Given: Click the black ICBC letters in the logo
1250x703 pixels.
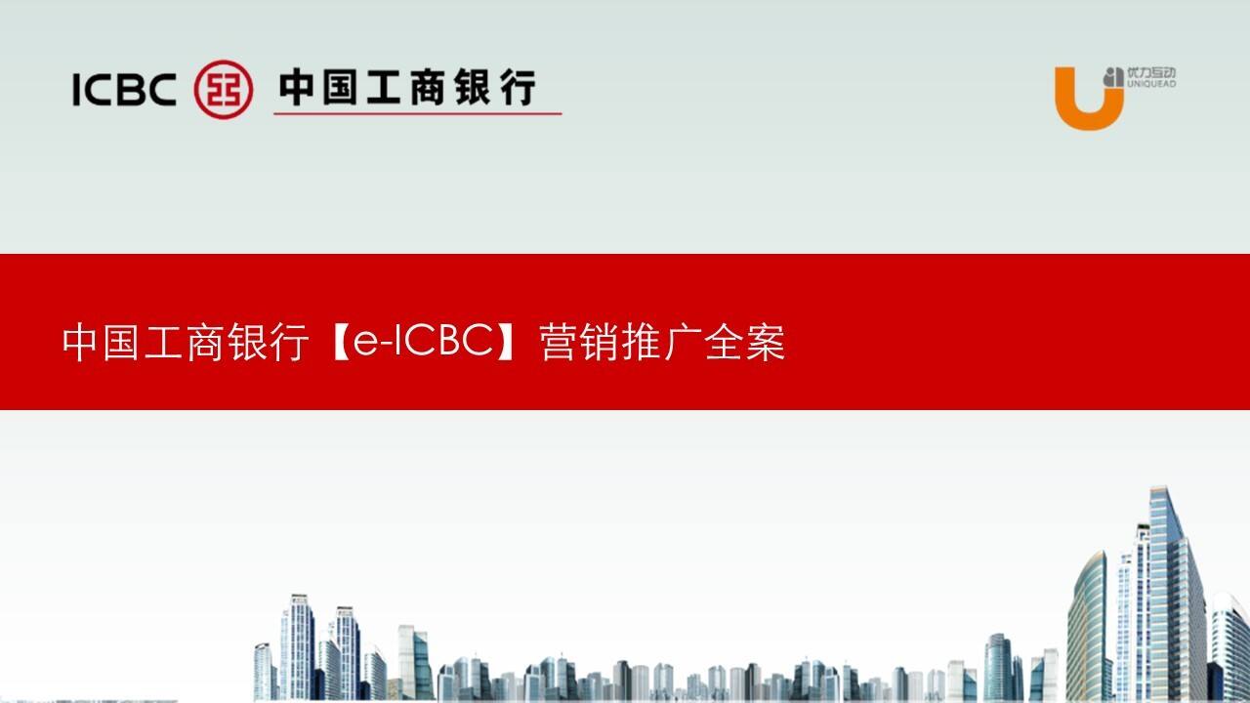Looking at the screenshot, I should click(123, 90).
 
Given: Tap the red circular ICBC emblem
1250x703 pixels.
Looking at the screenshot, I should click(224, 89).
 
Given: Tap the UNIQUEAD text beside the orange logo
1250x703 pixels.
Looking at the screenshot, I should click(1151, 85).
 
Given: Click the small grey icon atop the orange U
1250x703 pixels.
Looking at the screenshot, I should click(1112, 76).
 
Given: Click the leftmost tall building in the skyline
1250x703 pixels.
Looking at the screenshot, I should click(297, 644).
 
